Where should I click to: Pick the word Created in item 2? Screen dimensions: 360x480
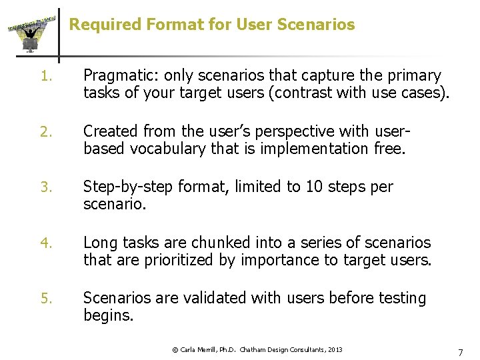[x=109, y=131]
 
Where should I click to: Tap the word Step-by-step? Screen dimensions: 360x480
[x=126, y=187]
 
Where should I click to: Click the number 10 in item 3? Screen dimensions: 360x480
[x=314, y=187]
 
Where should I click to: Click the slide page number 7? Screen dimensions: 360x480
[x=459, y=351]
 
